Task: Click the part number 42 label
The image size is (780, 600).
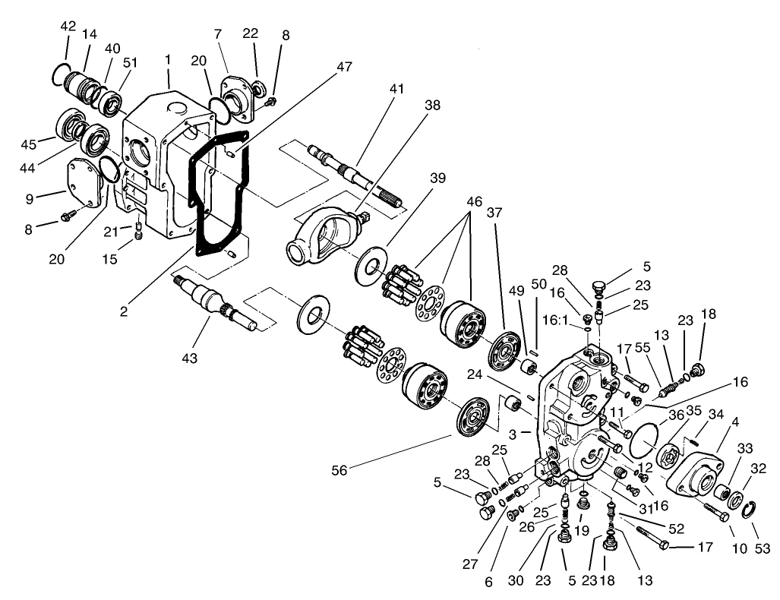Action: tap(68, 25)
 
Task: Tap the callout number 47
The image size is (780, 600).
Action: tap(345, 67)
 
